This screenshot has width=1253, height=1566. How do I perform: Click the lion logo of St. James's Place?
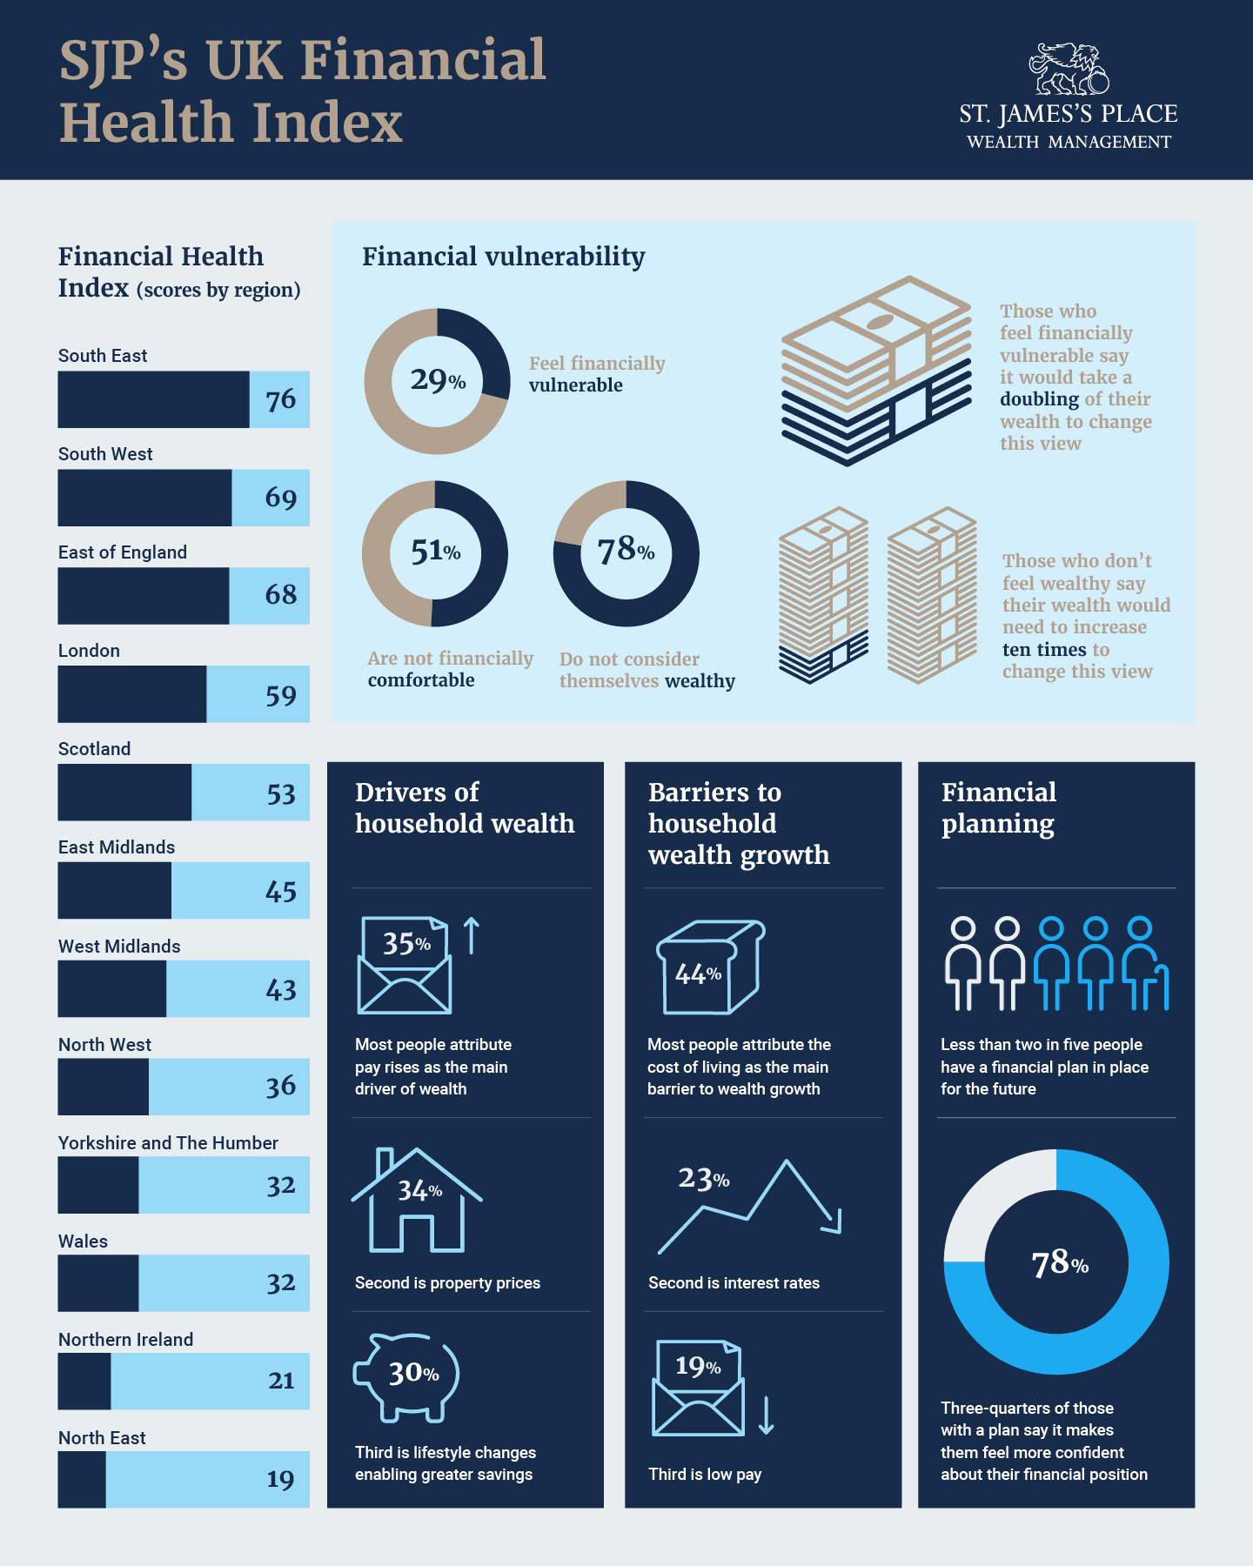tap(1069, 69)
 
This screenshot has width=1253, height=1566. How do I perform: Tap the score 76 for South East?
tap(280, 399)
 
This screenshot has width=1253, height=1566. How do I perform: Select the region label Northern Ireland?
tap(125, 1340)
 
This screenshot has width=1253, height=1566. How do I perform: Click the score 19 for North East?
tap(280, 1479)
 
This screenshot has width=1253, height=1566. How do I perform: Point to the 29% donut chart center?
tap(437, 380)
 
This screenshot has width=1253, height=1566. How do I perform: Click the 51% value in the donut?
tap(435, 552)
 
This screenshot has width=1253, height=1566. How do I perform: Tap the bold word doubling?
tap(1039, 399)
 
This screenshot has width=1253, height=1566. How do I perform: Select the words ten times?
tap(1044, 650)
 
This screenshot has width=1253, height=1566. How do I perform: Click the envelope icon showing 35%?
tap(405, 966)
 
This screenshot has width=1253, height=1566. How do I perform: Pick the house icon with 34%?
tap(418, 1201)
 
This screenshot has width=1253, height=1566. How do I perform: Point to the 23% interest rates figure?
tap(703, 1179)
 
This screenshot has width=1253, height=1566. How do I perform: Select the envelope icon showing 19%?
tap(698, 1389)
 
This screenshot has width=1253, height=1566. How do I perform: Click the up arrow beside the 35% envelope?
tap(471, 935)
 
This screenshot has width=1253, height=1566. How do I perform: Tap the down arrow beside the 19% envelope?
tap(766, 1415)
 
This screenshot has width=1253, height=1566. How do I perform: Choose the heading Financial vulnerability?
tap(503, 257)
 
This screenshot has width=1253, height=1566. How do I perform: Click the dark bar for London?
tap(132, 694)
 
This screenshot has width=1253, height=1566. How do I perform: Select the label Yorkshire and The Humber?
tap(168, 1143)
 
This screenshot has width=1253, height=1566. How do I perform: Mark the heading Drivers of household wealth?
tap(464, 807)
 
